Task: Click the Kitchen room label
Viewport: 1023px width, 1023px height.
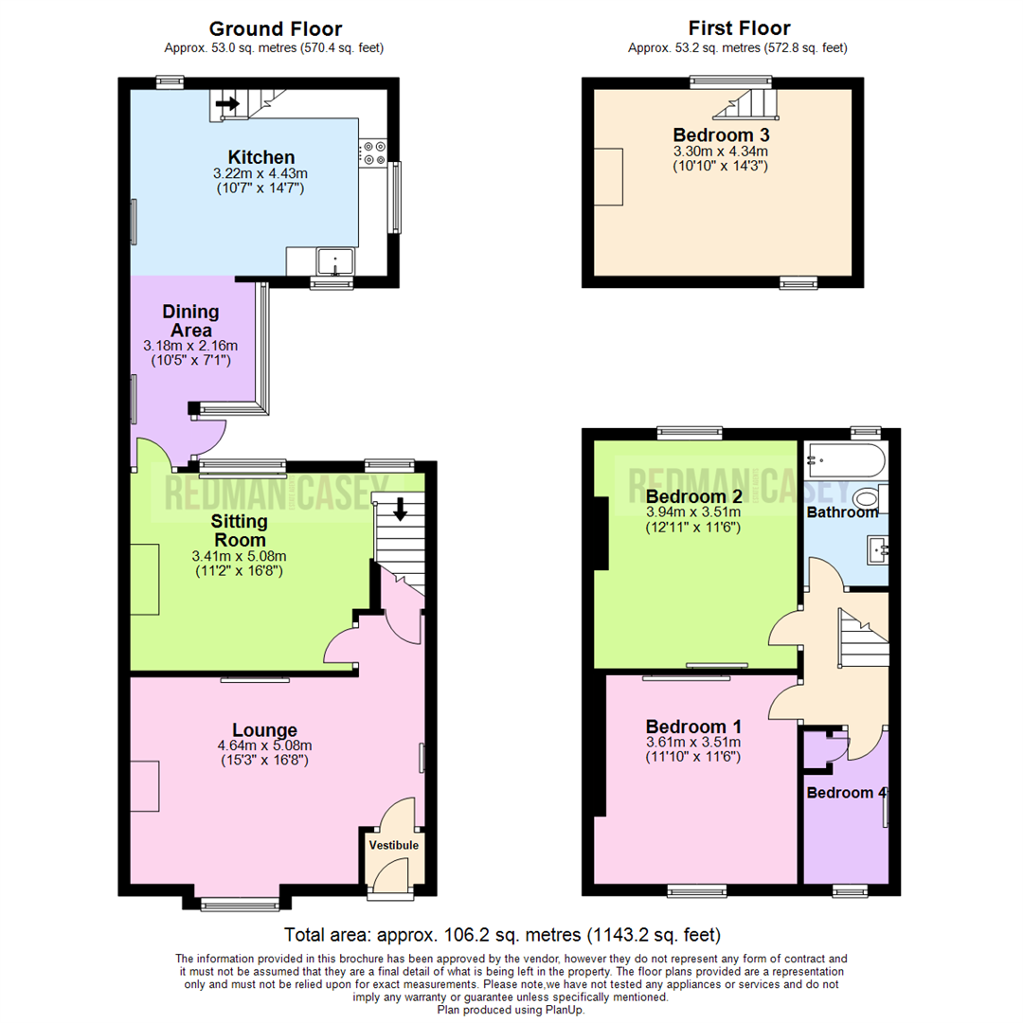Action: point(261,157)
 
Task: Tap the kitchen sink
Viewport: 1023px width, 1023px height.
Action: point(335,260)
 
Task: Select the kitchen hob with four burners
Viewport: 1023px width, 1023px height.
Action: point(372,153)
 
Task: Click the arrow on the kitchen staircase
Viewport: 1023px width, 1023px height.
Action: point(227,103)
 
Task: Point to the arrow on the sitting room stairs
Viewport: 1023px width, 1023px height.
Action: point(400,510)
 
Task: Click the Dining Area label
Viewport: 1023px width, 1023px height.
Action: point(190,321)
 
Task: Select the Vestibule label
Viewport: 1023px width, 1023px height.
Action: point(393,845)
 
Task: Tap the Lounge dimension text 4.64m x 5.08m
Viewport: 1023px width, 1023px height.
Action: point(265,745)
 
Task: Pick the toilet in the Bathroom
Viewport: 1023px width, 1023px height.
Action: point(866,498)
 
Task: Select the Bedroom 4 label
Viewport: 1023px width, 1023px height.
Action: point(845,793)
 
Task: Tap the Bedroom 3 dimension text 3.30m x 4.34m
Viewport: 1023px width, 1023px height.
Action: point(720,151)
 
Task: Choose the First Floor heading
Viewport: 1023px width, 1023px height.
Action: point(738,28)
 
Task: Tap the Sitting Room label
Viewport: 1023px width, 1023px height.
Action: point(239,530)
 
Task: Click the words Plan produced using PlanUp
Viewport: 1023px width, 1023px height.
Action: point(511,1011)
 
